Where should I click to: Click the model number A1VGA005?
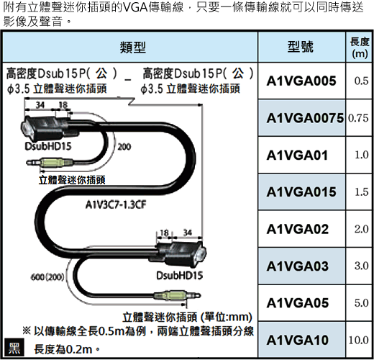301,81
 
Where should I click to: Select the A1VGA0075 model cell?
305,118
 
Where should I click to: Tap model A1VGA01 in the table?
297,156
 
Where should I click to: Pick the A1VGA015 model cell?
301,192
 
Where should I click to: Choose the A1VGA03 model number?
297,266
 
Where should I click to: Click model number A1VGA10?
297,340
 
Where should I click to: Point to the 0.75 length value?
358,118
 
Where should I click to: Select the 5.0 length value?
362,303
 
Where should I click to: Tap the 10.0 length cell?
358,340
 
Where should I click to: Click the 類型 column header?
133,47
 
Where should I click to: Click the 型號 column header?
301,47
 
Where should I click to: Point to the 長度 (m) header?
360,48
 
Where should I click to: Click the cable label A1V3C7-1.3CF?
116,204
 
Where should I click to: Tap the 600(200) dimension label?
47,277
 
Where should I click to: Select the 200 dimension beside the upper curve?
124,147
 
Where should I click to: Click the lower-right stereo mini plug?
177,295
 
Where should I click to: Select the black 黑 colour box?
14,347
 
